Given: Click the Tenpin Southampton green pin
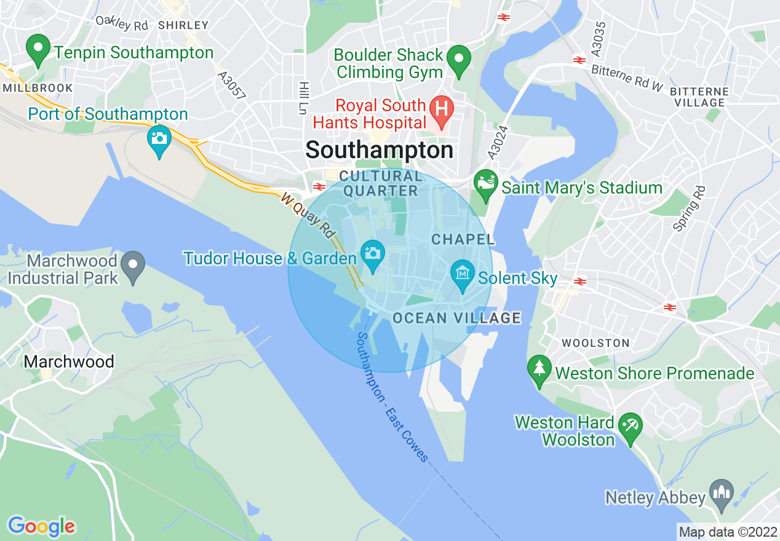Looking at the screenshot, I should [x=38, y=50].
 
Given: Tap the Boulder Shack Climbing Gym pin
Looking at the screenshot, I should [x=458, y=60].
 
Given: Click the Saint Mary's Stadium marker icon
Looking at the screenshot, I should [x=486, y=184].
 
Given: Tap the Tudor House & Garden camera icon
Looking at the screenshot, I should [x=372, y=255].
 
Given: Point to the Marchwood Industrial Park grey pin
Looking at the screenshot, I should [x=132, y=266].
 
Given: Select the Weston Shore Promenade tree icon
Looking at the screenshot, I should [x=539, y=370].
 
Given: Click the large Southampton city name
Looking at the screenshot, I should [x=380, y=150].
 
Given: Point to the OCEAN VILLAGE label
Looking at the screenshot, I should [x=456, y=318].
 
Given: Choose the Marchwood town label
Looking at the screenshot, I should [x=69, y=361].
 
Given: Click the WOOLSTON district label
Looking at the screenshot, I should [x=595, y=342].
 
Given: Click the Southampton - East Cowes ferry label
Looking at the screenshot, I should [x=391, y=397].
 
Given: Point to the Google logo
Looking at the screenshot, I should [x=41, y=526].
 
